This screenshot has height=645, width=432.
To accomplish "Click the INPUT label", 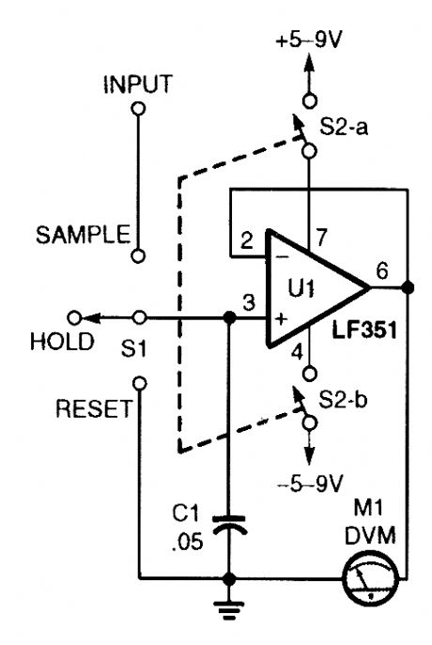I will (x=137, y=84).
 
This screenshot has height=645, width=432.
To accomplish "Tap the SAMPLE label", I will (x=82, y=235).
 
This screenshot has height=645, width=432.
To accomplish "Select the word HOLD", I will (x=62, y=343).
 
